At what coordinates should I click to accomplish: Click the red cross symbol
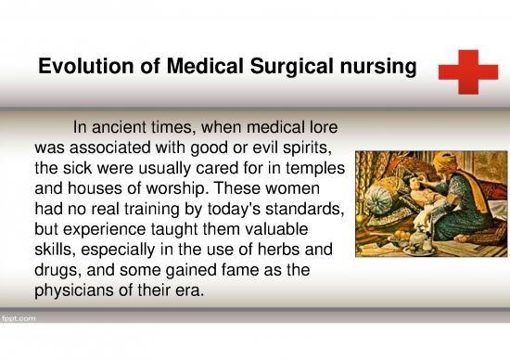[467, 71]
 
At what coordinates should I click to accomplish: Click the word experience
[104, 233]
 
